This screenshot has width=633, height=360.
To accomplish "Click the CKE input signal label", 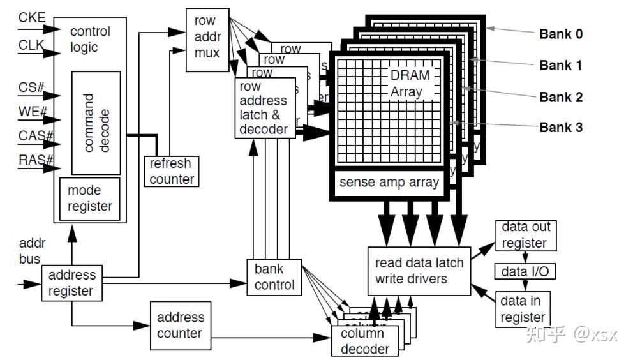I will [x=32, y=17].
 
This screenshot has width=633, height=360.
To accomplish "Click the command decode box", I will [x=96, y=123].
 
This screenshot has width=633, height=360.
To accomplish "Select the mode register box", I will [x=89, y=199].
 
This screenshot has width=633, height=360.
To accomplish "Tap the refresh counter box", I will [x=172, y=171].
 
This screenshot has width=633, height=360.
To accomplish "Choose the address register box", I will [x=71, y=283].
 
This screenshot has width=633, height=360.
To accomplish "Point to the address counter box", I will [x=180, y=324].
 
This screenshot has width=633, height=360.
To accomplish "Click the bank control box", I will [x=274, y=276].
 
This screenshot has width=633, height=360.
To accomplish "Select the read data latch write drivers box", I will [x=419, y=271].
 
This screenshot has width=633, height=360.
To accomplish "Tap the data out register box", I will [x=525, y=235].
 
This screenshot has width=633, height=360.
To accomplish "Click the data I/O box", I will [x=525, y=272].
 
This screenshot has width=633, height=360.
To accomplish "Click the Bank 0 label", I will [x=561, y=34].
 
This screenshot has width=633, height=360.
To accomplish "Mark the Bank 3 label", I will [x=561, y=127].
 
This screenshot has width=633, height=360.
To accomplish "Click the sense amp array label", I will [x=389, y=183].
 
